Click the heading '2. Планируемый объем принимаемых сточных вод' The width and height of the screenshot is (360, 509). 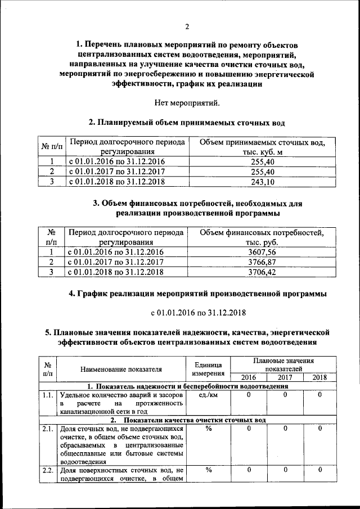click(x=187, y=122)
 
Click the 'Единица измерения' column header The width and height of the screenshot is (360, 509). click(x=208, y=369)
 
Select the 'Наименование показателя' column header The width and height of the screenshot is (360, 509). click(x=121, y=370)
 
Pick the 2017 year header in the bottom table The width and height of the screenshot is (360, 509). click(x=285, y=377)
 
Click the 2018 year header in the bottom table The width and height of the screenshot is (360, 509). click(x=319, y=377)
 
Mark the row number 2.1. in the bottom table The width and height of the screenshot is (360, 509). click(x=48, y=429)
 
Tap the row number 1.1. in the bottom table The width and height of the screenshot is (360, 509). click(x=48, y=395)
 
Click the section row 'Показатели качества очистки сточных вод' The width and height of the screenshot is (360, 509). click(x=187, y=420)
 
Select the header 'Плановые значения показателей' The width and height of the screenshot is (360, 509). click(x=283, y=364)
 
